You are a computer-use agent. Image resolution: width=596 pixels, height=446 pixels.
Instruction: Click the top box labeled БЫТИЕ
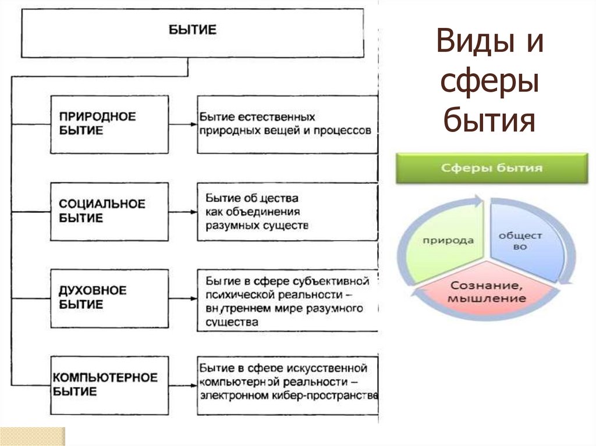192,33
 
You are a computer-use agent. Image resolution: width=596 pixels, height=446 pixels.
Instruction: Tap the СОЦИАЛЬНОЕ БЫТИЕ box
109,212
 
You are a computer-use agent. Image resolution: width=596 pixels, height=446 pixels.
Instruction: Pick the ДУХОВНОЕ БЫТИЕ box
109,298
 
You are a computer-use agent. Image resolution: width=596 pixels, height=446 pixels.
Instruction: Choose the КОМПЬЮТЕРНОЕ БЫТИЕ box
109,384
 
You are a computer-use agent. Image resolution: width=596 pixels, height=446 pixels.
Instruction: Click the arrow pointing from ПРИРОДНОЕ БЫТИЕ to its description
183,124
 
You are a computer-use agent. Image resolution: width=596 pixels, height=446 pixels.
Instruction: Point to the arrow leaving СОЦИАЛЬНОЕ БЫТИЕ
183,212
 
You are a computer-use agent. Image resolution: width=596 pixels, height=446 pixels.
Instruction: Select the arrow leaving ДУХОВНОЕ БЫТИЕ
183,298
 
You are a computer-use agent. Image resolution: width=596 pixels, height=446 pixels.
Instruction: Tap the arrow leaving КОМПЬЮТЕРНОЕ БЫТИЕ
183,384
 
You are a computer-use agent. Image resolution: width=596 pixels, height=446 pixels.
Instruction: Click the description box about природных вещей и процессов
287,124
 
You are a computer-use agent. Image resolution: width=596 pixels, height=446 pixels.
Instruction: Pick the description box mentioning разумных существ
287,212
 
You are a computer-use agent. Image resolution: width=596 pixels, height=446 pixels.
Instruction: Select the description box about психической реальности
287,300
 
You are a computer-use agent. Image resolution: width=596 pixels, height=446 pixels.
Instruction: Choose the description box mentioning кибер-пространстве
287,386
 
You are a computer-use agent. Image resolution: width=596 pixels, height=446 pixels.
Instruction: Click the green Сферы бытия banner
492,169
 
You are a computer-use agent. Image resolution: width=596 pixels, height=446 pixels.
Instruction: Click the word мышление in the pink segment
488,299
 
